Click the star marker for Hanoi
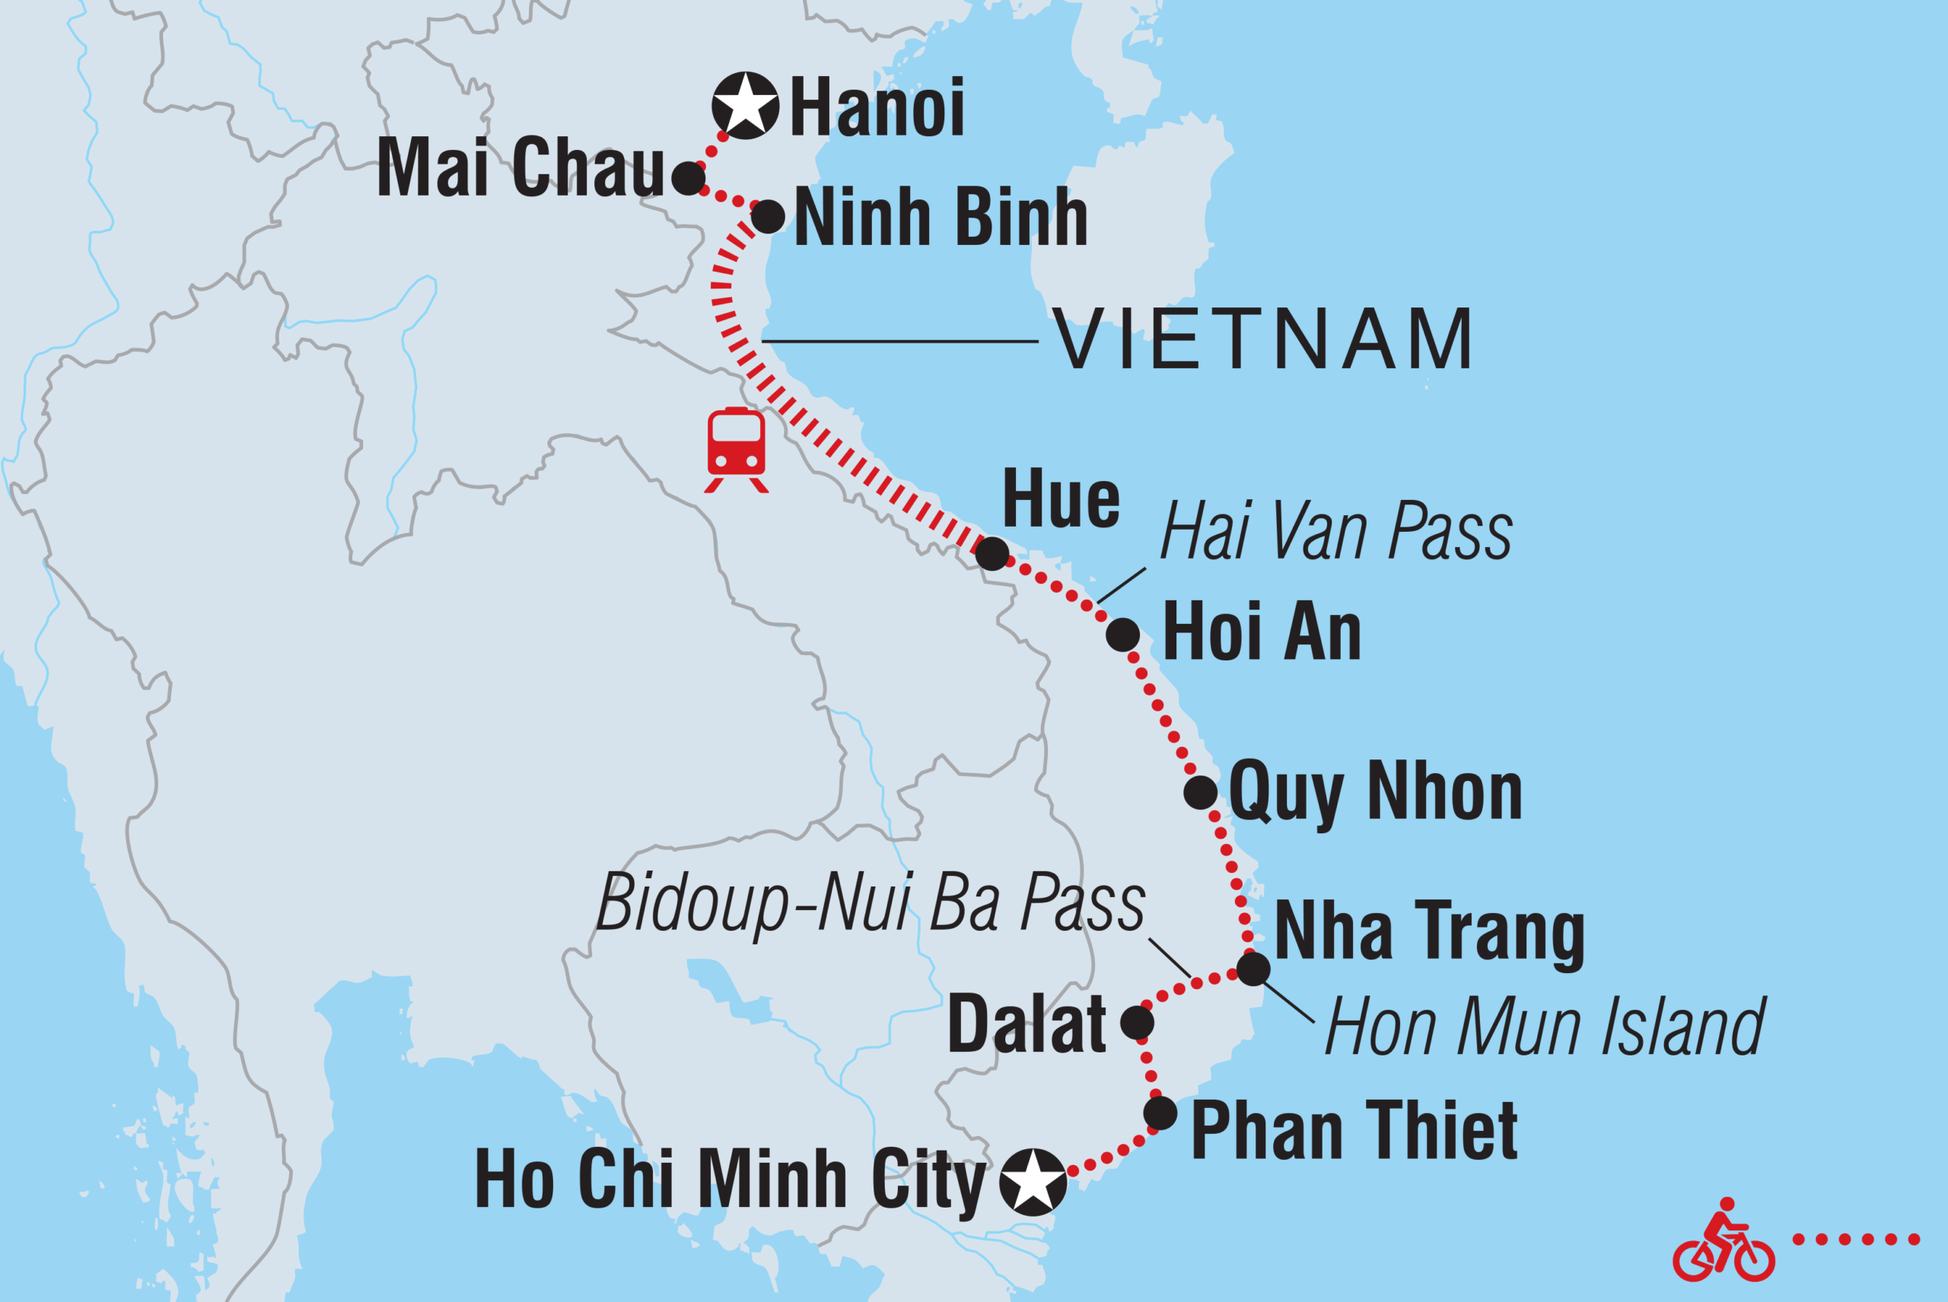tap(745, 106)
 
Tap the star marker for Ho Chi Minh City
tap(1032, 1182)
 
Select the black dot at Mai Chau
tap(689, 178)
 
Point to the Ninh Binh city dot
tap(767, 217)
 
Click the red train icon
tap(736, 449)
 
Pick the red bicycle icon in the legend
tap(1723, 1253)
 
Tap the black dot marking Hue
tap(992, 553)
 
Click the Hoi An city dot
tap(1122, 635)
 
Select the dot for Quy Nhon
tap(1200, 792)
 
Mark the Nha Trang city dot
tap(1253, 968)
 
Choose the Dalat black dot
tap(1137, 1022)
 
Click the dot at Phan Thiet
tap(1160, 1113)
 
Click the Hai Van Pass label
tap(1335, 531)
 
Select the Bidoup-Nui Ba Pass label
tap(871, 903)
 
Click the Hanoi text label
tap(877, 107)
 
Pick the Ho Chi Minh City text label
tap(729, 1180)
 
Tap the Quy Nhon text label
tap(1375, 794)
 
